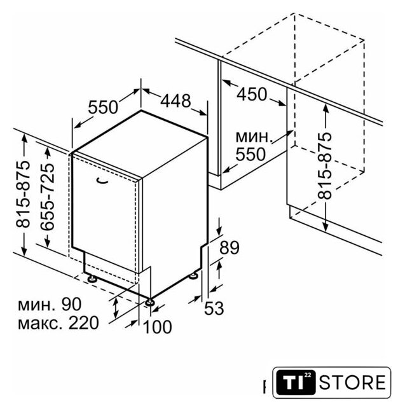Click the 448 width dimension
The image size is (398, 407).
tap(175, 100)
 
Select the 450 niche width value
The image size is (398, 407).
tap(252, 94)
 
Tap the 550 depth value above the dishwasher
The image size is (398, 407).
tap(103, 107)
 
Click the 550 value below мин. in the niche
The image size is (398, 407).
tap(250, 154)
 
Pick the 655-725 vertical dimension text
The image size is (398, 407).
tap(48, 197)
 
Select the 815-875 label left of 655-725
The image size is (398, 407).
tap(23, 195)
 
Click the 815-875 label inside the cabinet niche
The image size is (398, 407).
tap(325, 166)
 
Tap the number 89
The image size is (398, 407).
tap(230, 247)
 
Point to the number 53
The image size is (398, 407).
tap(214, 308)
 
